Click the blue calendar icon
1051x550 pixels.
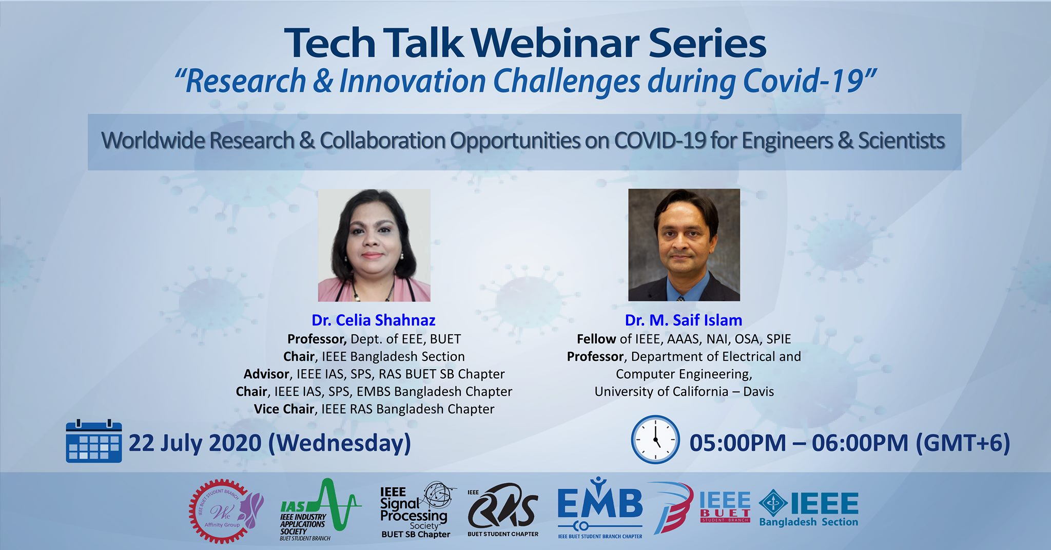coord(94,441)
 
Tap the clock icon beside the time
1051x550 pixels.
coord(655,440)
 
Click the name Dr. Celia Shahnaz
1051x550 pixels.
coord(374,320)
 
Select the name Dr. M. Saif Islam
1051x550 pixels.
coord(684,320)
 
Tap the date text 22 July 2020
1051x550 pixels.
coord(195,442)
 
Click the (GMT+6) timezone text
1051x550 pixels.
coord(963,443)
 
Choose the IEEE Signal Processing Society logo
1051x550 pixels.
coord(416,510)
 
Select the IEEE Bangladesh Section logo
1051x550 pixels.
coord(809,508)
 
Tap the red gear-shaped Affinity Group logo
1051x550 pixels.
coord(224,511)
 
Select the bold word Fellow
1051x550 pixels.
coord(596,339)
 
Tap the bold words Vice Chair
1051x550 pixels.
coord(284,409)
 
